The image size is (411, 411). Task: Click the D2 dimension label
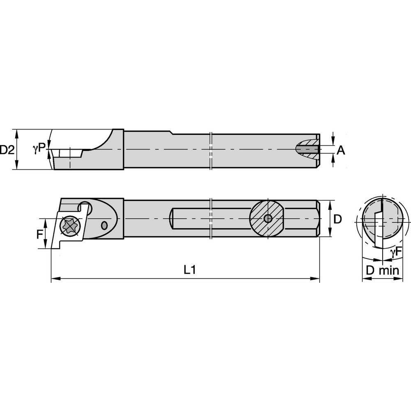[x=7, y=150]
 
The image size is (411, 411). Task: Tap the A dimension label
[x=341, y=151]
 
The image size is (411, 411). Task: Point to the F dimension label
[x=40, y=235]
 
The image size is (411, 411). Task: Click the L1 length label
[x=189, y=270]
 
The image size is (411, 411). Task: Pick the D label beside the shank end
[x=337, y=219]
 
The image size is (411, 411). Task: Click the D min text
[x=383, y=270]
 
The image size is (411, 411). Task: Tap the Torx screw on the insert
[x=67, y=226]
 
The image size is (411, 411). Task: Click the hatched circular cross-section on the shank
[x=267, y=218]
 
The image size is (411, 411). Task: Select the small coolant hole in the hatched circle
[x=268, y=219]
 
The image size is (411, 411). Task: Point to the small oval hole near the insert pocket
[x=104, y=225]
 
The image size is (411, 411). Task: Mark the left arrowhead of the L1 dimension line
[x=53, y=279]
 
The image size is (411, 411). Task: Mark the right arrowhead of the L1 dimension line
[x=317, y=279]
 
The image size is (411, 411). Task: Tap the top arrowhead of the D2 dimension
[x=16, y=132]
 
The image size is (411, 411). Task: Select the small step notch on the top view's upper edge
[x=171, y=132]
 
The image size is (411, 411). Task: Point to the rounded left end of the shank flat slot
[x=173, y=218]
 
